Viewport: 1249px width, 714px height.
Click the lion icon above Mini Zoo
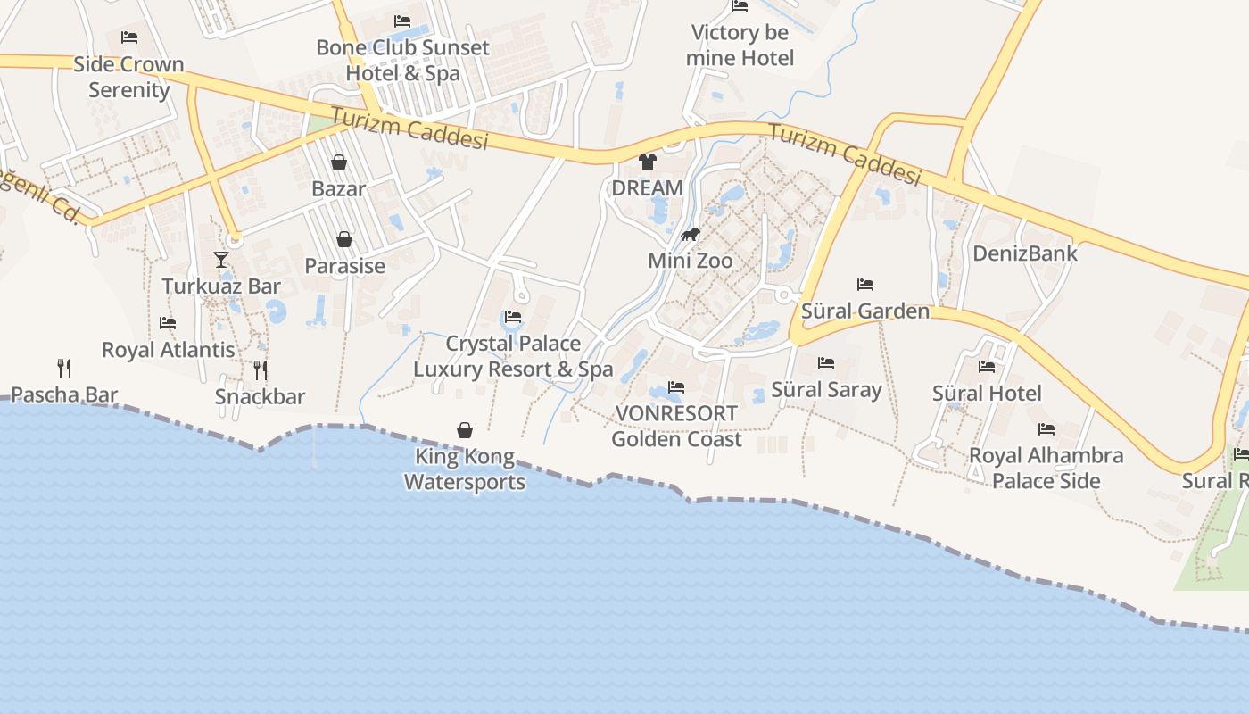[x=691, y=235]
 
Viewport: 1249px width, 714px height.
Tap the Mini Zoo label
[x=691, y=261]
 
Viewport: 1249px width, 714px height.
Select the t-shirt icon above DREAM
[x=648, y=162]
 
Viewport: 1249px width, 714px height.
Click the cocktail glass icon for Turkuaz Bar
[x=221, y=260]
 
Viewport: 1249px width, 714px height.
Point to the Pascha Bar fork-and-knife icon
[x=64, y=368]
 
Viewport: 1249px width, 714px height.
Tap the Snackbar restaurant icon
[x=261, y=369]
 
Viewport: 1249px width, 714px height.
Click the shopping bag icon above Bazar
[x=339, y=162]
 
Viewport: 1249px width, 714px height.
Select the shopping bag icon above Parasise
[x=344, y=239]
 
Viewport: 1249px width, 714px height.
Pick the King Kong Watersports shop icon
[x=465, y=430]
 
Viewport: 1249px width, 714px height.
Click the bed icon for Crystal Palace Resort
[x=513, y=317]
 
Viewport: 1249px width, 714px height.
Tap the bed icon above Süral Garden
[x=865, y=285]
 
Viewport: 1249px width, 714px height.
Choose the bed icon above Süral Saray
[x=826, y=363]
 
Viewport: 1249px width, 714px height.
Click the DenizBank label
[x=1025, y=253]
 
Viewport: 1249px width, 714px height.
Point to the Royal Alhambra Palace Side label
[x=1046, y=468]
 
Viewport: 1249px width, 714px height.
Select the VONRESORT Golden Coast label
[x=676, y=427]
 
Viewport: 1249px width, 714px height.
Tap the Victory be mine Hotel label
[x=740, y=46]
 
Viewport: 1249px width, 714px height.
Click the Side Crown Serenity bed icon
[x=129, y=37]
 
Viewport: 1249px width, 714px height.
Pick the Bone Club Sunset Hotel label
[x=402, y=60]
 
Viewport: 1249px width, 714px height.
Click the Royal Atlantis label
[x=169, y=350]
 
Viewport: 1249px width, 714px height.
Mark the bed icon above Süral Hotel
[x=987, y=366]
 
